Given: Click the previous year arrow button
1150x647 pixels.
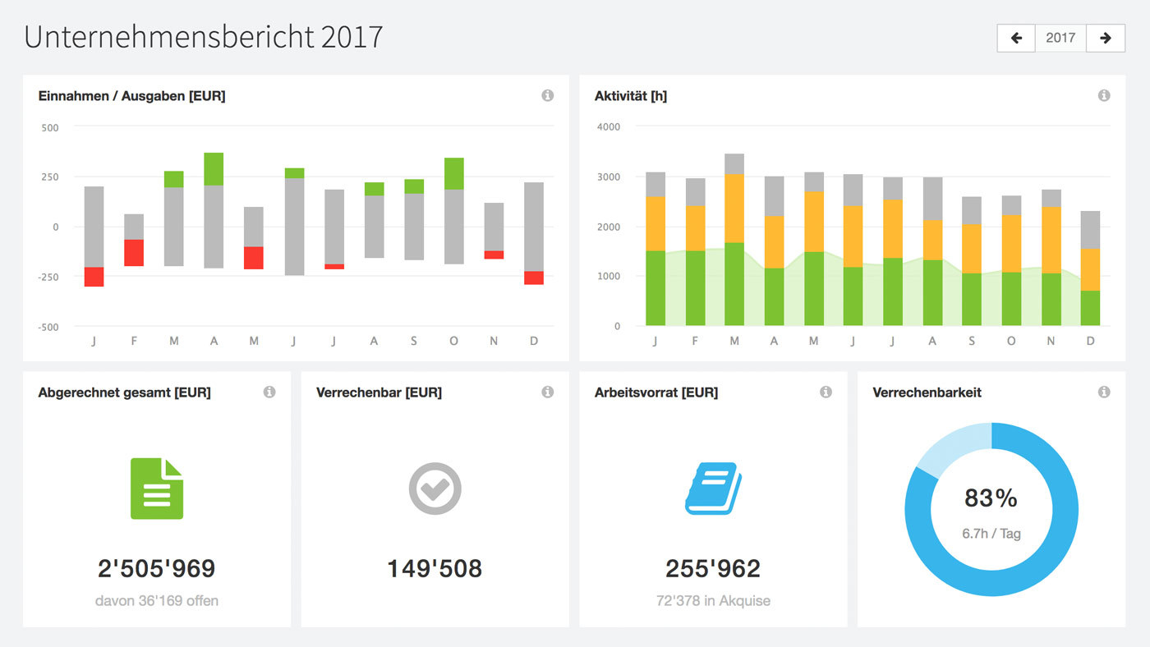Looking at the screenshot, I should (x=1016, y=38).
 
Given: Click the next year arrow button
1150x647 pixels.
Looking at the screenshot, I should (x=1106, y=38).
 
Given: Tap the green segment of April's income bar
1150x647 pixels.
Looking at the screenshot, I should (x=214, y=168).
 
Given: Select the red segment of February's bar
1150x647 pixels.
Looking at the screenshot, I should (x=134, y=253).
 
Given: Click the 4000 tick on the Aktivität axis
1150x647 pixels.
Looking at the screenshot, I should (x=609, y=127).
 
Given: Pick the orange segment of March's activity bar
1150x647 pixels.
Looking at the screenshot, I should (x=734, y=208).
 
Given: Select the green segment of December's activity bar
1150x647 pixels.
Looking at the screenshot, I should (x=1089, y=308).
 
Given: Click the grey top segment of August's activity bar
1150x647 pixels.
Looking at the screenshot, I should (x=931, y=198).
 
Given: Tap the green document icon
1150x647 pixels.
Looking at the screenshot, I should (x=157, y=489).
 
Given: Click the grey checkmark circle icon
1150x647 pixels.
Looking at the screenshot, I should (x=435, y=489).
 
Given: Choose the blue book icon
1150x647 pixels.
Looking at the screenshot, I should (x=713, y=489).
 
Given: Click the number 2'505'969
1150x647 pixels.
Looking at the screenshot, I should (x=157, y=568).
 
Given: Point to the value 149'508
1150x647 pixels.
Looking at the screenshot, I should (x=435, y=568).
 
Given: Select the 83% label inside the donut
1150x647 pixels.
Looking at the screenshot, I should (x=991, y=498).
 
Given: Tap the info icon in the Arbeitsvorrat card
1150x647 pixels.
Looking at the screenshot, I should (x=826, y=392).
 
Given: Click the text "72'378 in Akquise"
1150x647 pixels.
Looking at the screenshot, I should (x=713, y=601).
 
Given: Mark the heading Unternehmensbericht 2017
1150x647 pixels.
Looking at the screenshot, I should (x=203, y=37).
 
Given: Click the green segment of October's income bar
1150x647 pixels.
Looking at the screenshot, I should (x=454, y=173).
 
